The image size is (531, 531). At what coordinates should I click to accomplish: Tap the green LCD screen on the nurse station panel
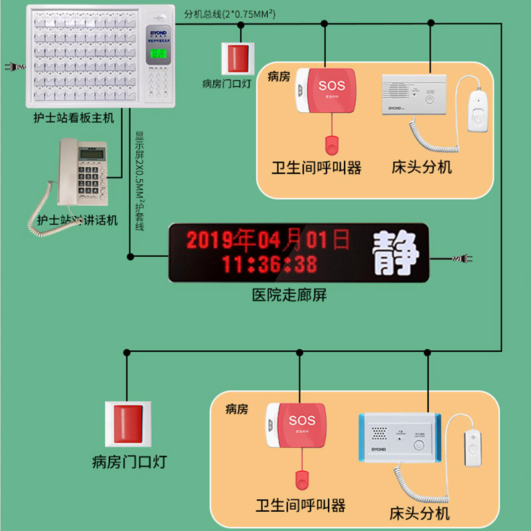pyautogui.click(x=157, y=56)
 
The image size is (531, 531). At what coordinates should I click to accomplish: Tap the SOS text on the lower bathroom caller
pyautogui.click(x=302, y=421)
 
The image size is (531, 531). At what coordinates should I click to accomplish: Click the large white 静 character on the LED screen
pyautogui.click(x=396, y=253)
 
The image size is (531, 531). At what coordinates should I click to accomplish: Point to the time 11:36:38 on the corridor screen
pyautogui.click(x=269, y=264)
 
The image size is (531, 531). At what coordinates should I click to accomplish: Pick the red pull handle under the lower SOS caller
pyautogui.click(x=302, y=478)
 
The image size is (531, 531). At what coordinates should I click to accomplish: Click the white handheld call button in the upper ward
pyautogui.click(x=477, y=110)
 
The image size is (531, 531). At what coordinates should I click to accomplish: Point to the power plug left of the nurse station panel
pyautogui.click(x=11, y=67)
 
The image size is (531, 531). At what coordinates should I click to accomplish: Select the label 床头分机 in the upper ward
pyautogui.click(x=422, y=167)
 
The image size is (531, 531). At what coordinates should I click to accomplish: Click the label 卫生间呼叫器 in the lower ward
pyautogui.click(x=301, y=506)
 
